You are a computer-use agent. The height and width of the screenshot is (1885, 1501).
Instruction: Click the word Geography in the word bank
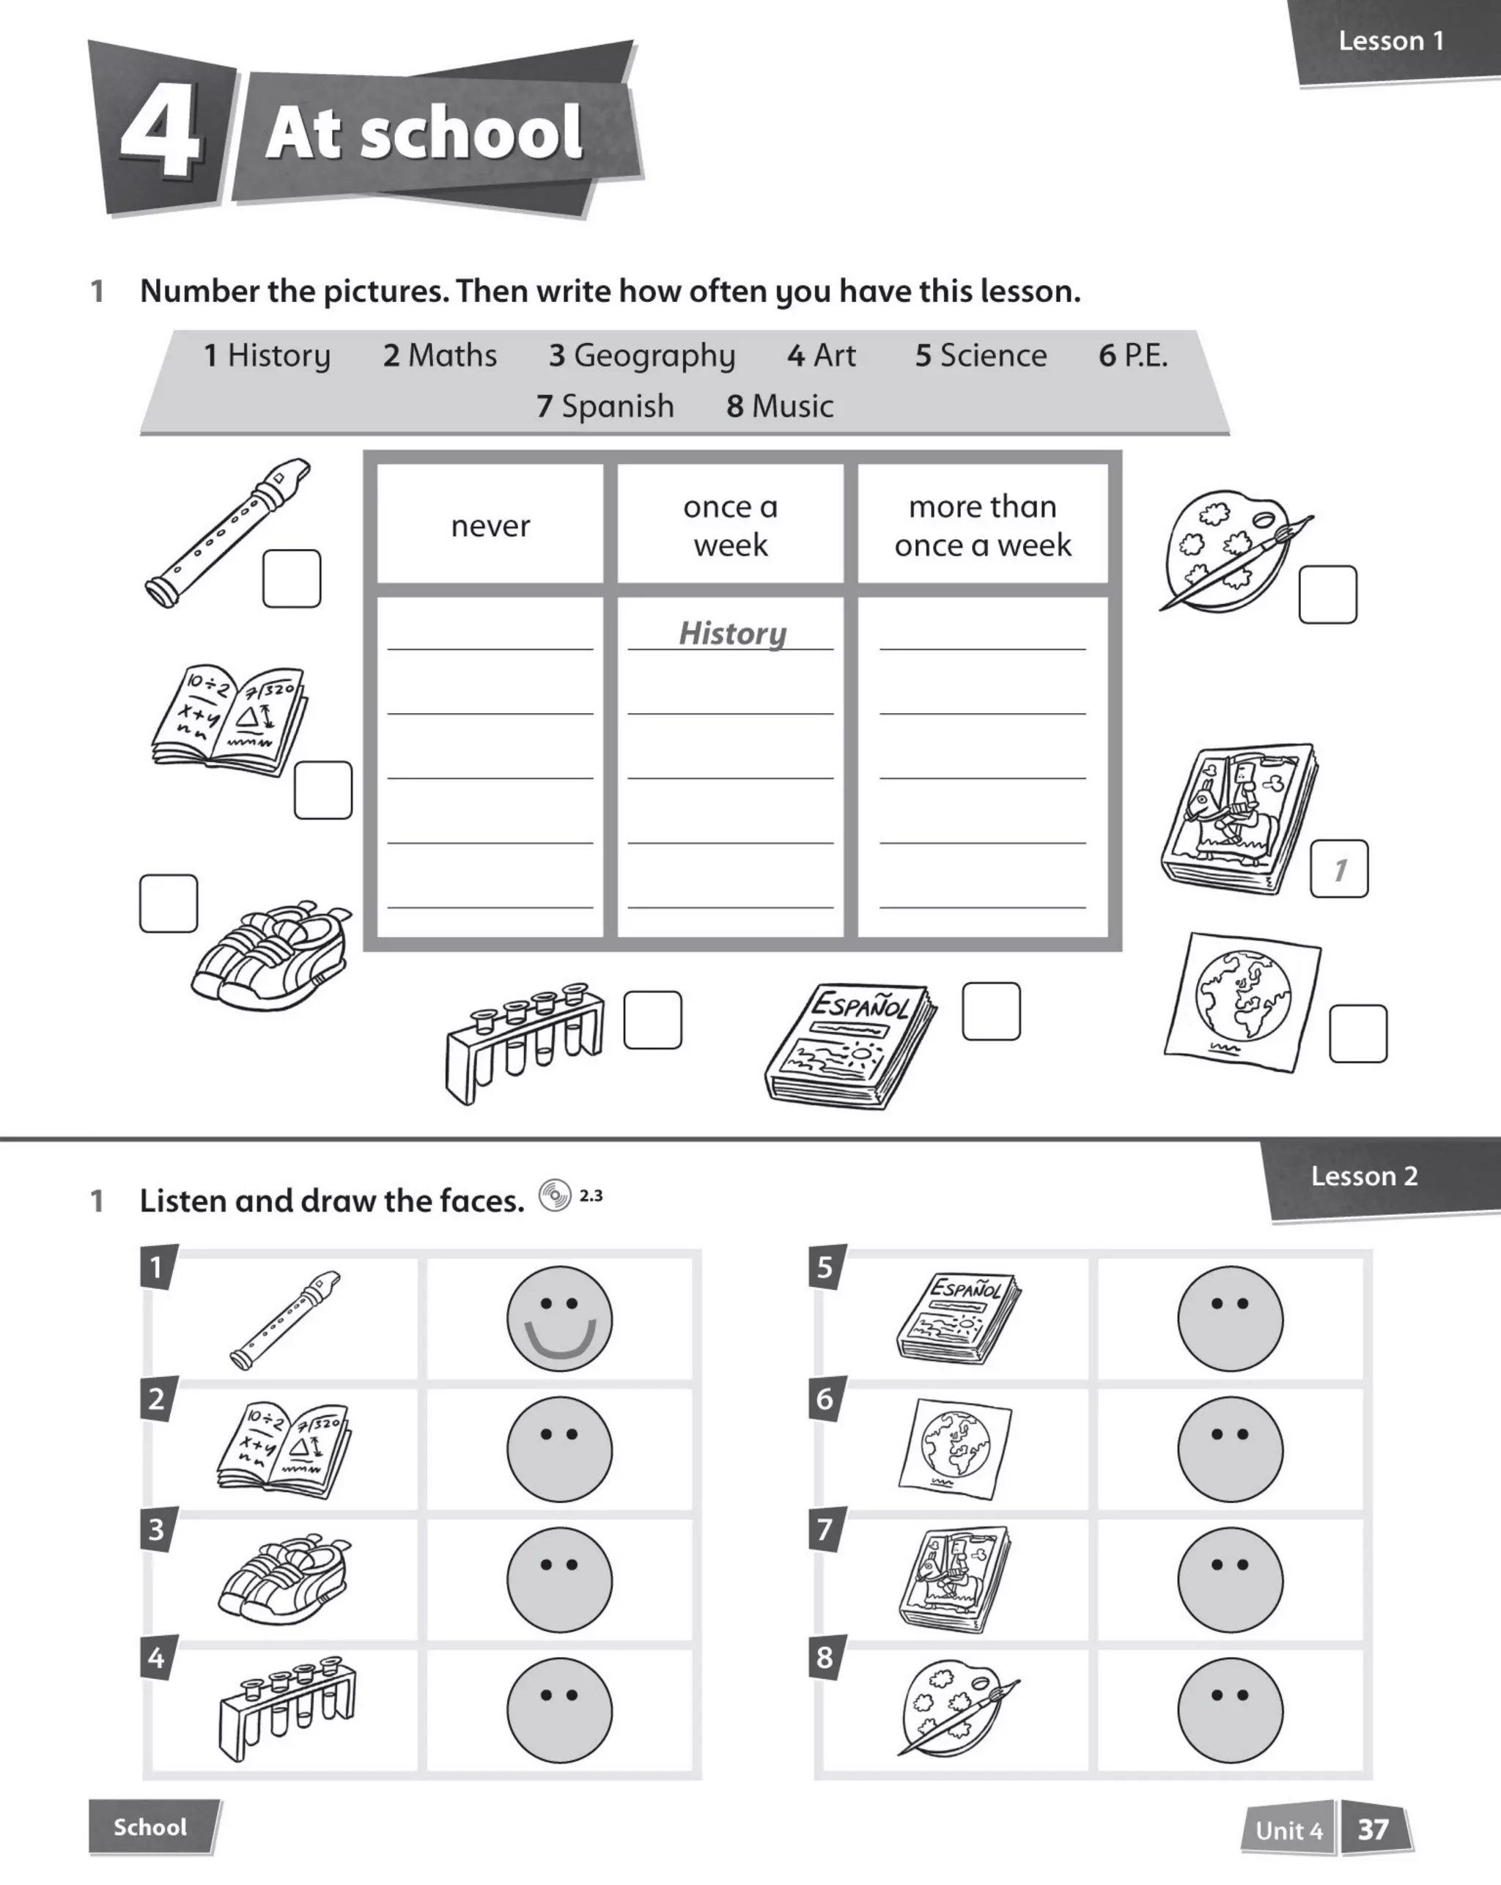click(654, 356)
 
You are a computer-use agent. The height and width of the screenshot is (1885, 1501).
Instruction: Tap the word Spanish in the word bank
click(617, 407)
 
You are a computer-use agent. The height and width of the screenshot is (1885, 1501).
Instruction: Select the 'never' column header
click(490, 525)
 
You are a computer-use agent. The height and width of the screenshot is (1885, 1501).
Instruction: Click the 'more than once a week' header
click(983, 525)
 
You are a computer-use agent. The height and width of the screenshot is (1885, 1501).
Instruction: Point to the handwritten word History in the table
click(733, 633)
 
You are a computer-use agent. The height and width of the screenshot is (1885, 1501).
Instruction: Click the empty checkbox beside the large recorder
click(291, 578)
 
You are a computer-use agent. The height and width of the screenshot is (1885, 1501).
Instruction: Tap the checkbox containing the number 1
click(1338, 868)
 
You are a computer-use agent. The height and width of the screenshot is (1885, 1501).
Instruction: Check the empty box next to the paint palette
click(1327, 594)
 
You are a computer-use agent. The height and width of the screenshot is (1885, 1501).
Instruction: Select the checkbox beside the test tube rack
click(652, 1019)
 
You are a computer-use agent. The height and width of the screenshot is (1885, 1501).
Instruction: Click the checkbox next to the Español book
click(990, 1011)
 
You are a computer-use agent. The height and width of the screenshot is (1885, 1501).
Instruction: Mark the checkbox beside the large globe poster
click(1357, 1033)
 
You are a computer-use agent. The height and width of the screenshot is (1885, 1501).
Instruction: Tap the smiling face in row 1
click(559, 1318)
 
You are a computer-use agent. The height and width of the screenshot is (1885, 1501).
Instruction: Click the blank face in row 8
click(1230, 1710)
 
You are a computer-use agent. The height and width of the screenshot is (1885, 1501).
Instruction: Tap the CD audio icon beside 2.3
click(554, 1195)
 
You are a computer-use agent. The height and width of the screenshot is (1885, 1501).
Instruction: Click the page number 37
click(1373, 1829)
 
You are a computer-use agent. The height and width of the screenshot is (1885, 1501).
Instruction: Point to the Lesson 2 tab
click(1364, 1176)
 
